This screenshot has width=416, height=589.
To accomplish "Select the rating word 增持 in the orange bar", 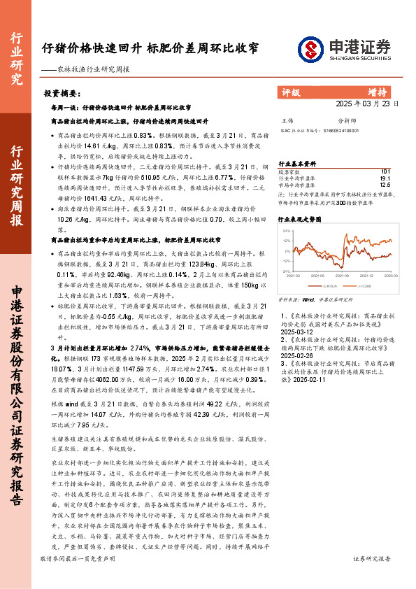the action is (377, 91).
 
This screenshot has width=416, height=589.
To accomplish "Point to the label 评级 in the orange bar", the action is (290, 91).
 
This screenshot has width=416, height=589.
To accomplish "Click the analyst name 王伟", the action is (286, 120).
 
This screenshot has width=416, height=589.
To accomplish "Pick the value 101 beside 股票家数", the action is (385, 171).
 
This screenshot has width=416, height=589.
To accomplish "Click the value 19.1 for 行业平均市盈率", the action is (385, 178).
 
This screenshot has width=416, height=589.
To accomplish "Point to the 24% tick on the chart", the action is (285, 228).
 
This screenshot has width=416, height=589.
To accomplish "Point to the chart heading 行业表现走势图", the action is (300, 219).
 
